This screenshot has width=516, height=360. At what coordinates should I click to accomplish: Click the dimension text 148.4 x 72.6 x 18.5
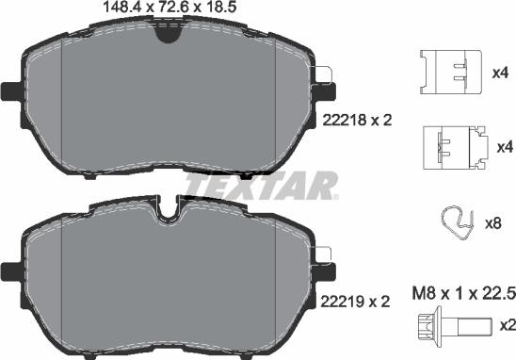click(x=167, y=8)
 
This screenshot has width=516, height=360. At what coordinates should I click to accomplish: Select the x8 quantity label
click(x=493, y=224)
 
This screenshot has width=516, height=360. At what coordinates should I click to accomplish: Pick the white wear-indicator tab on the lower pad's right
click(x=325, y=252)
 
